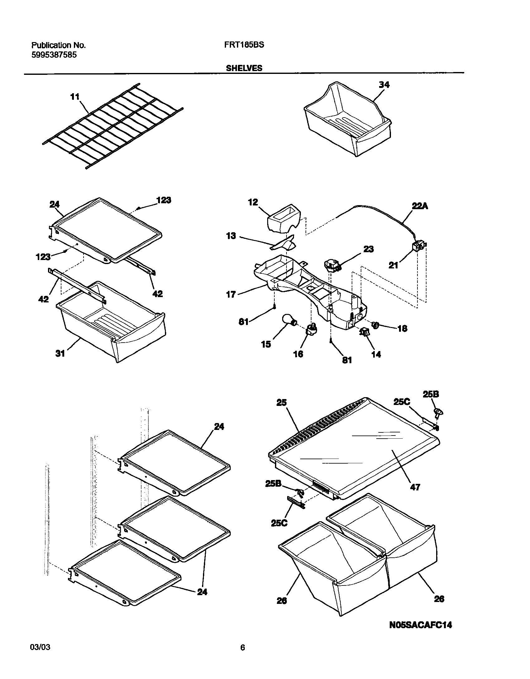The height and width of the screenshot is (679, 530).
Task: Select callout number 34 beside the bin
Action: click(x=384, y=85)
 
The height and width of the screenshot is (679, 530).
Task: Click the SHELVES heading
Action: click(x=244, y=68)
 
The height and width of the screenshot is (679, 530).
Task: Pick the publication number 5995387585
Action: click(x=54, y=55)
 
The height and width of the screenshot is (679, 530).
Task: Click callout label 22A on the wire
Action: click(x=419, y=206)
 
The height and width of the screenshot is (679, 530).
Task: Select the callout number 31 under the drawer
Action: click(x=60, y=353)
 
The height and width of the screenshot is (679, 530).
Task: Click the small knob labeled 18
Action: click(x=375, y=325)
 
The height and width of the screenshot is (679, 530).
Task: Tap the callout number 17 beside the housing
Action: click(x=231, y=294)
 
